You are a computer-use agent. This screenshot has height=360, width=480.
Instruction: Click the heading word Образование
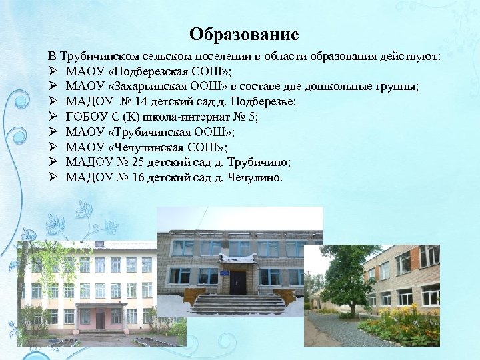click(x=243, y=34)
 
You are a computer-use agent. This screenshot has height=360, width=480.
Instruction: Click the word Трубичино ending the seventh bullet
click(x=263, y=163)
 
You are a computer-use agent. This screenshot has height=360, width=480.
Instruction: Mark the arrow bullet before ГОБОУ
click(x=53, y=117)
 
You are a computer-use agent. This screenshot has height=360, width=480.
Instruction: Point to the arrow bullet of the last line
click(x=53, y=178)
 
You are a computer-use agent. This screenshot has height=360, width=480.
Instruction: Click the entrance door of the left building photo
click(x=100, y=319)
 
